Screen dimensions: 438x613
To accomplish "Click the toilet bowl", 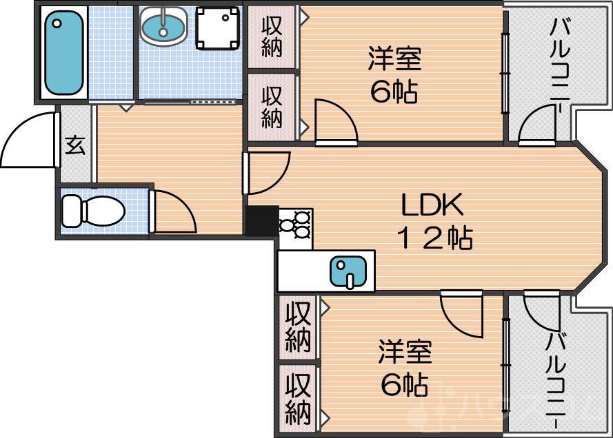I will coord(90,210).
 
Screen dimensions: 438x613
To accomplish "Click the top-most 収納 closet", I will coord(272,37).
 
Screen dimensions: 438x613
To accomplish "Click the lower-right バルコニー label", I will coord(556,375).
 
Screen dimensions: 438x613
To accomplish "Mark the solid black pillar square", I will coord(261,221).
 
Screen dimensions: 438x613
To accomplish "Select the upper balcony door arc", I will coord(537,127).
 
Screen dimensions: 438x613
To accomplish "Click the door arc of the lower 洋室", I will coord(461,314).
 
